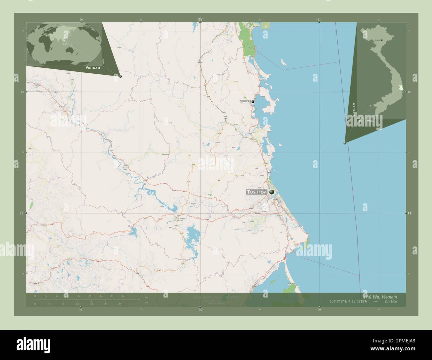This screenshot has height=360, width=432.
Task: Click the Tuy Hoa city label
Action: click(x=257, y=192)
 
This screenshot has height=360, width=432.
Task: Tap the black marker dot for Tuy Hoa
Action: click(x=272, y=192)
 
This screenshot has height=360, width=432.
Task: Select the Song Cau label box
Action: click(x=245, y=102)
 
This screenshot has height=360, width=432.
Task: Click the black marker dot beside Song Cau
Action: click(x=253, y=102)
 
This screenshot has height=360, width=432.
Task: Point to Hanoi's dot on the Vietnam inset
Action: click(x=381, y=40)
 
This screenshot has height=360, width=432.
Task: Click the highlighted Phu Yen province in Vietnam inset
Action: click(x=401, y=88)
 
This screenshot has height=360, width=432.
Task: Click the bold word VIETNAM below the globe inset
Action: click(x=93, y=67)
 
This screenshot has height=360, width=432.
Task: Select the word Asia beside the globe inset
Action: click(x=104, y=61)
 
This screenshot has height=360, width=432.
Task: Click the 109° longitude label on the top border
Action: click(x=200, y=20)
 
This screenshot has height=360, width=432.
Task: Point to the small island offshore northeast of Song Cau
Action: click(x=283, y=62)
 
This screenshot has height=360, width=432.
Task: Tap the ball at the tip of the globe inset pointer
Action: click(x=120, y=76)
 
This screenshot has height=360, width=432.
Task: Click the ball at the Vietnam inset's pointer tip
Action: click(x=345, y=143)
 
